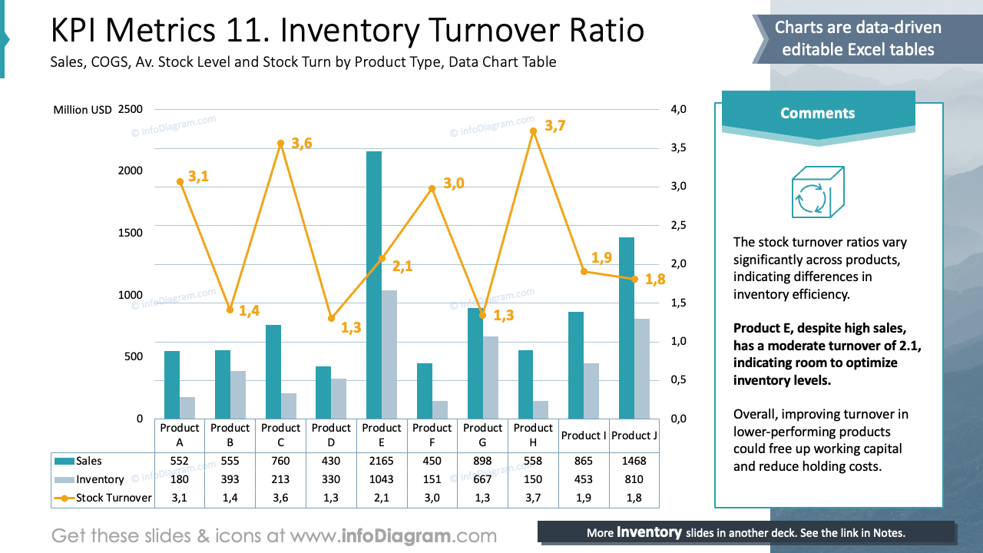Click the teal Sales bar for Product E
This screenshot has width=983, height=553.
(x=374, y=284)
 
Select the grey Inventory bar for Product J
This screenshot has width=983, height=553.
(x=642, y=369)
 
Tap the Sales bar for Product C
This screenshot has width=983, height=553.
(x=273, y=372)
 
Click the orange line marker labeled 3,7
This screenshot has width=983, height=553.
(x=533, y=131)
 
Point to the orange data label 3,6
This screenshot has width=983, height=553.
(x=301, y=144)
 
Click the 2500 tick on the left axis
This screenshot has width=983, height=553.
(x=131, y=109)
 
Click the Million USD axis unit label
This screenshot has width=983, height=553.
(x=82, y=110)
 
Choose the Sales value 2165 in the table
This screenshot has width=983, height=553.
(x=382, y=462)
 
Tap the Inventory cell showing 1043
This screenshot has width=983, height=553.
(x=382, y=479)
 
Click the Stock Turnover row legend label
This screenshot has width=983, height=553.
(x=114, y=498)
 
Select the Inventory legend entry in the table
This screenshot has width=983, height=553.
(x=100, y=479)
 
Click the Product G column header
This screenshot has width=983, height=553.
(x=483, y=435)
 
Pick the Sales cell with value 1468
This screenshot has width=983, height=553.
(x=634, y=462)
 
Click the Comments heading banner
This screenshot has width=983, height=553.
(x=817, y=113)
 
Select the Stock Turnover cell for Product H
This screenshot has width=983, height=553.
(x=533, y=498)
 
